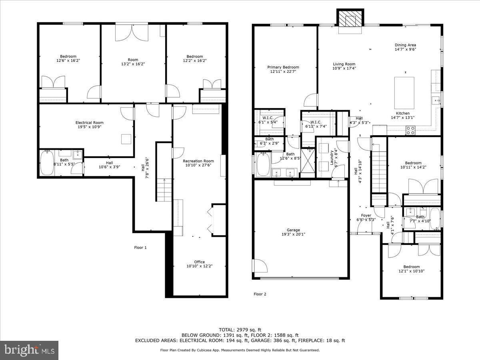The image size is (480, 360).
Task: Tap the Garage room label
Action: [x=293, y=232]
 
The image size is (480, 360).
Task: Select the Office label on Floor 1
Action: [x=199, y=264]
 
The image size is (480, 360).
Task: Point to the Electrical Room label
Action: [x=90, y=125]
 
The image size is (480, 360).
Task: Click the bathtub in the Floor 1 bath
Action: [x=47, y=163]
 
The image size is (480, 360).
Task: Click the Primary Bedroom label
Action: [x=283, y=70]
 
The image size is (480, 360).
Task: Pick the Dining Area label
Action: [x=406, y=48]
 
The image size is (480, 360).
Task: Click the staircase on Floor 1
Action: [x=163, y=190]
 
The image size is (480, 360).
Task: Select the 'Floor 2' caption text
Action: [x=260, y=294]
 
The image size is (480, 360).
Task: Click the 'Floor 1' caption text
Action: [x=140, y=248]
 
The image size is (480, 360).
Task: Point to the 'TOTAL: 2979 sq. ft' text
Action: [x=240, y=329]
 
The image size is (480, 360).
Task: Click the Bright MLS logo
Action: [x=29, y=350]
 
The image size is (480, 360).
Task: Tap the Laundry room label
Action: [x=330, y=157]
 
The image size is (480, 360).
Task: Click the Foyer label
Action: [x=366, y=217]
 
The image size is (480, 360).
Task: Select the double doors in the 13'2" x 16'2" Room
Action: [x=132, y=32]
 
